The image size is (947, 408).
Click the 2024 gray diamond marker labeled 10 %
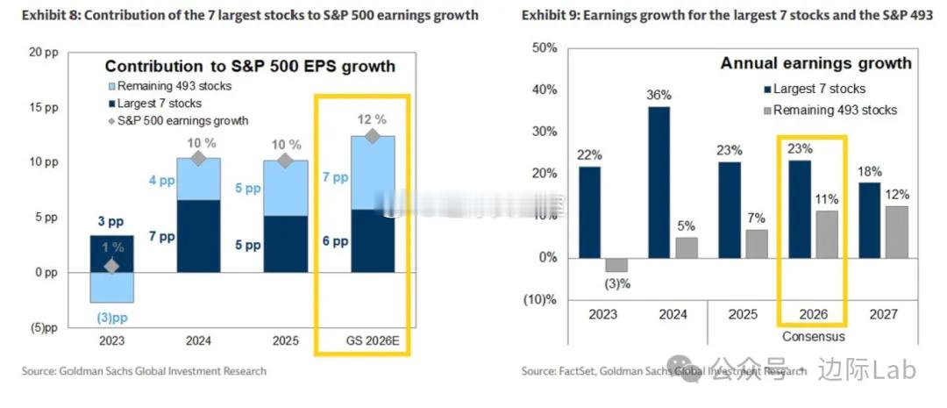198,158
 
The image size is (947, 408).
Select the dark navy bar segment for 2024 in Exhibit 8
198,236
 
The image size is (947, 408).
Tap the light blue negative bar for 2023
111,287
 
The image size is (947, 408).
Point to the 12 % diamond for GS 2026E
373,136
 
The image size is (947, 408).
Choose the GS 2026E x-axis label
373,341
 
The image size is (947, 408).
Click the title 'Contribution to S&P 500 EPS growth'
250,66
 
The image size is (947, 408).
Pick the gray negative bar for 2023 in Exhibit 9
616,264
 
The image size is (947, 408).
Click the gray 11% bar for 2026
828,234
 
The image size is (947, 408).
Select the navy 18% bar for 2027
869,219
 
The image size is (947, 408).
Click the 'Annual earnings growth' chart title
815,63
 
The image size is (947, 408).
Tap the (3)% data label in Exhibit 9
617,283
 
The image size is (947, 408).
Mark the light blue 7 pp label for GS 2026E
336,177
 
